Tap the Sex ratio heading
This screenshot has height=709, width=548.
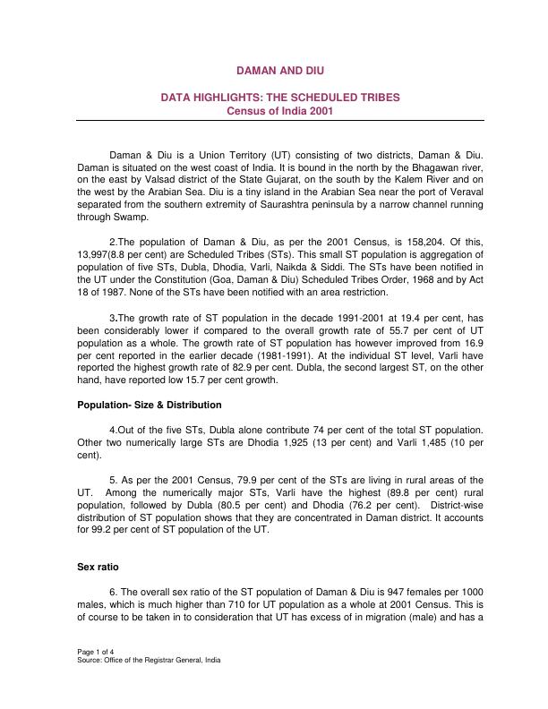[x=98, y=568]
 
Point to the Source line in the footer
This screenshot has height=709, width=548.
[x=149, y=660]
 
